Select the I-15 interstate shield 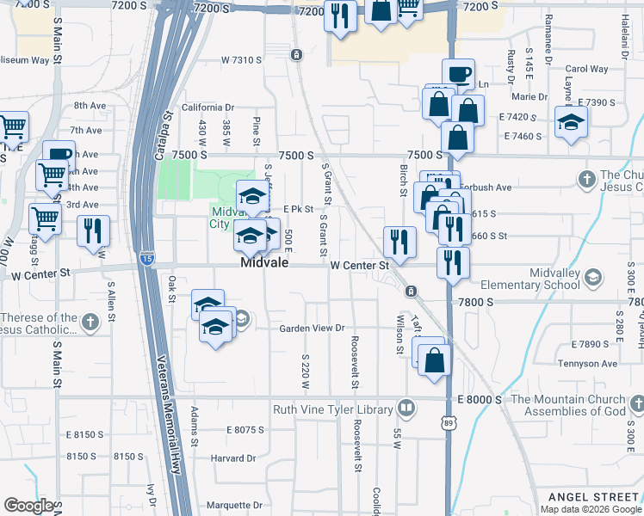pyautogui.click(x=147, y=257)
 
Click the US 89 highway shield pyautogui.click(x=449, y=421)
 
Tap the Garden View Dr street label pyautogui.click(x=312, y=329)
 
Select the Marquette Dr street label pyautogui.click(x=235, y=506)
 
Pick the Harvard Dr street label pyautogui.click(x=233, y=458)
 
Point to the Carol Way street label pyautogui.click(x=586, y=69)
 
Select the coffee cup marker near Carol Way pyautogui.click(x=458, y=74)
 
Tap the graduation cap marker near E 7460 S pyautogui.click(x=571, y=122)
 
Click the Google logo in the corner pyautogui.click(x=29, y=507)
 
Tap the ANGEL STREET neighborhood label pyautogui.click(x=595, y=497)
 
